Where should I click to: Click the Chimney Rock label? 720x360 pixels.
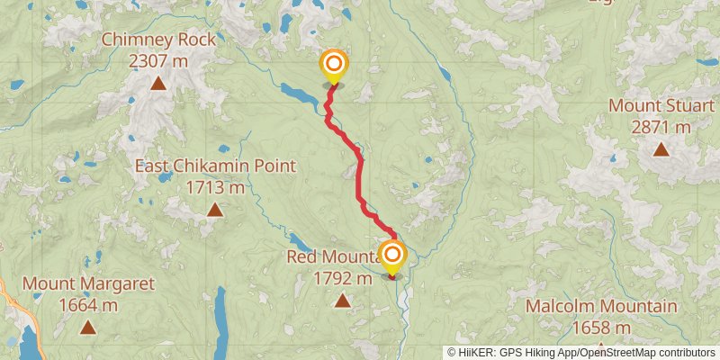158,40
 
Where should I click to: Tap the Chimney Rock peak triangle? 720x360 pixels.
158,84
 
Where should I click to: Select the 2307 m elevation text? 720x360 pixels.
158,61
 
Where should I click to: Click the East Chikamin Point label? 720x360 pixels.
215,166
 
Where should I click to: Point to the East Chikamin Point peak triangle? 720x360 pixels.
215,210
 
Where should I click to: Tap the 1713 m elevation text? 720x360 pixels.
215,188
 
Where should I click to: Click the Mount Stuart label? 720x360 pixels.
661,105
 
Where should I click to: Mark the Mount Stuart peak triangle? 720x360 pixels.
661,148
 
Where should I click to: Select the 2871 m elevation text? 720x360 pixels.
661,127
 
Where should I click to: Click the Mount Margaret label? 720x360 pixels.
88,283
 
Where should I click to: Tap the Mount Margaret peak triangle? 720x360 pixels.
87,327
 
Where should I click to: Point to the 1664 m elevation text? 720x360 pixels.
88,305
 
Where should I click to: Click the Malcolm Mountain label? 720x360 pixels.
601,306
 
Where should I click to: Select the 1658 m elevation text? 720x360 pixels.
601,328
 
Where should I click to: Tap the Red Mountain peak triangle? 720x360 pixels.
342,300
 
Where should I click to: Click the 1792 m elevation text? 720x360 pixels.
342,278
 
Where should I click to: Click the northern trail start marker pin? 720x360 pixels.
334,65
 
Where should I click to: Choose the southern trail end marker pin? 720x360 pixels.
392,256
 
